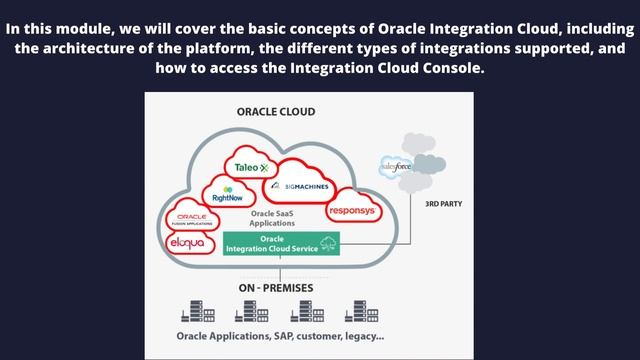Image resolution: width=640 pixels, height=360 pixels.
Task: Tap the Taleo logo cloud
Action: (246, 167)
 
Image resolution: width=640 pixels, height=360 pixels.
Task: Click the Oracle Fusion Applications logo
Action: (190, 218)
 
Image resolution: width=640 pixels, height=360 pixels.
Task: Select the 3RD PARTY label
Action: (443, 203)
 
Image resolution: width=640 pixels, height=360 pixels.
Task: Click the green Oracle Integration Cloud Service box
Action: (280, 243)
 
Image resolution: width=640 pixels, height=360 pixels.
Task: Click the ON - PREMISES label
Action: (275, 288)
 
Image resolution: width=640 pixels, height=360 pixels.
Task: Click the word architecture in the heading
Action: (109, 48)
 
